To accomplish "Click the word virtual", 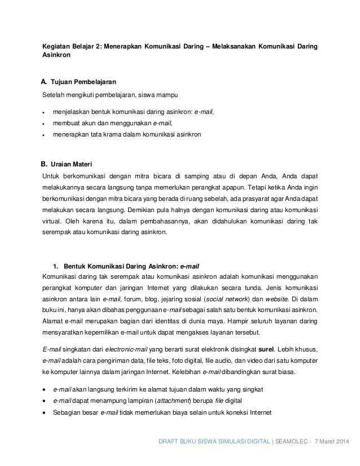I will click(52, 222).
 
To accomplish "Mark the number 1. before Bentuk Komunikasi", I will click(56, 265).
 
